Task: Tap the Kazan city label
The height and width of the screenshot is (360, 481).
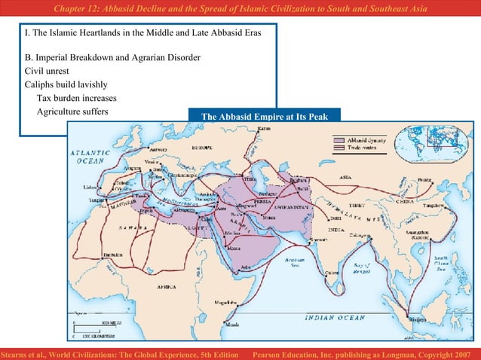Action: tap(264, 129)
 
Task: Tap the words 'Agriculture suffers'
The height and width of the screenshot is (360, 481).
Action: tap(72, 111)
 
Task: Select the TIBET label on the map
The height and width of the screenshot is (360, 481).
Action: tap(356, 205)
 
